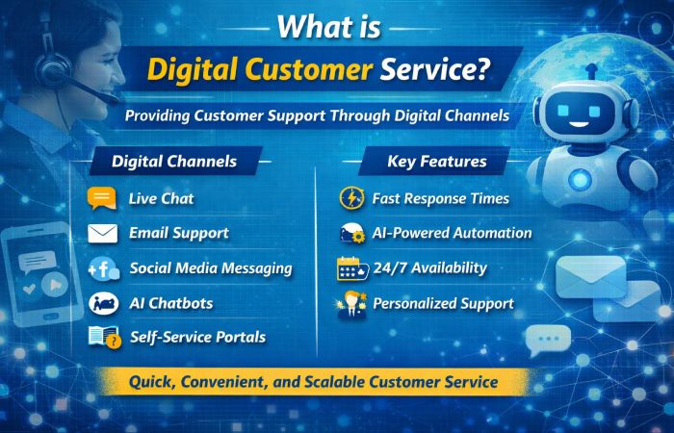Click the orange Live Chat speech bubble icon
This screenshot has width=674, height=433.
[x=101, y=198]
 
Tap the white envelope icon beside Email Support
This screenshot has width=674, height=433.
[x=101, y=233]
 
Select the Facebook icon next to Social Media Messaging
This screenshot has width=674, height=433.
[x=103, y=268]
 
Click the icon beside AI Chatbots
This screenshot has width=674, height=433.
[x=102, y=303]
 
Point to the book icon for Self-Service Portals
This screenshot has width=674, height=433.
[x=102, y=338]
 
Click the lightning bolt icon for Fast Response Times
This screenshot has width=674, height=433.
[x=351, y=198]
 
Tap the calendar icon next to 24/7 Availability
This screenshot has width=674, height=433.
[x=352, y=268]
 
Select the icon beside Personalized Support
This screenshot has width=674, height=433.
[x=352, y=304]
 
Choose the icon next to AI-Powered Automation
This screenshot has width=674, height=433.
[x=352, y=233]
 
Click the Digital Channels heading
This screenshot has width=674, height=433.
[x=174, y=161]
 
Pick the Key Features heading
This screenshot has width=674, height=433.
[x=435, y=161]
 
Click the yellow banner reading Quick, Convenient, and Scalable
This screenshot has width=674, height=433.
[x=314, y=382]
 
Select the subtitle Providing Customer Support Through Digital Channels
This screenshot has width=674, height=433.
[x=316, y=116]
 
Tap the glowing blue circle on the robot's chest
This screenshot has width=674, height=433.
[x=581, y=178]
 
